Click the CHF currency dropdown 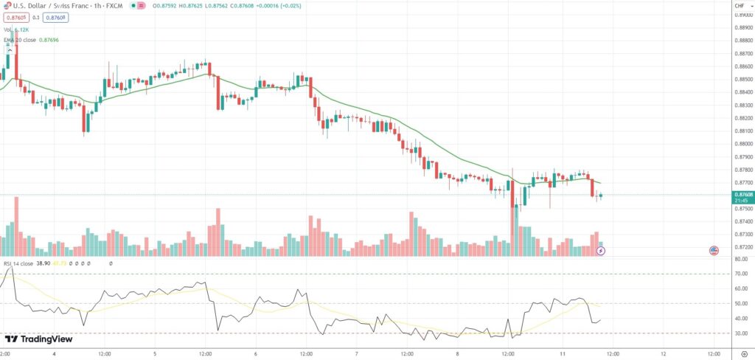tap(740, 6)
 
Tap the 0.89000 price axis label tap(740, 27)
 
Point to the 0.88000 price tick tap(740, 144)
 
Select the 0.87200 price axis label tap(740, 247)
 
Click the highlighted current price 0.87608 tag tap(740, 195)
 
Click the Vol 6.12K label tap(15, 29)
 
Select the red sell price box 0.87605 tap(15, 18)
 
